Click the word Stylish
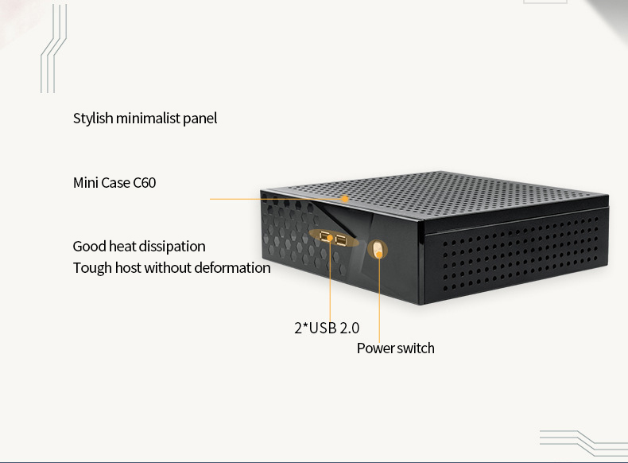tap(93, 119)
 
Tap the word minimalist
tap(148, 119)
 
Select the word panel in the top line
tap(200, 119)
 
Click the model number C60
tap(144, 183)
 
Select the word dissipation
tap(173, 247)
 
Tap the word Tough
tap(92, 268)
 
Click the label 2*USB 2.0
tap(327, 328)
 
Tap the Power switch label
tap(396, 348)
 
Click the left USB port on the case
tap(327, 237)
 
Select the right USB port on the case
tap(341, 240)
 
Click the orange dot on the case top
tap(345, 198)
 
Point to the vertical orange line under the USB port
tap(331, 281)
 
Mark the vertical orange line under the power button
tap(379, 298)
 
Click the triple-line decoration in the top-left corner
tap(54, 49)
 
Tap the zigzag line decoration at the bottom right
tap(583, 442)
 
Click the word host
tap(128, 268)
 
